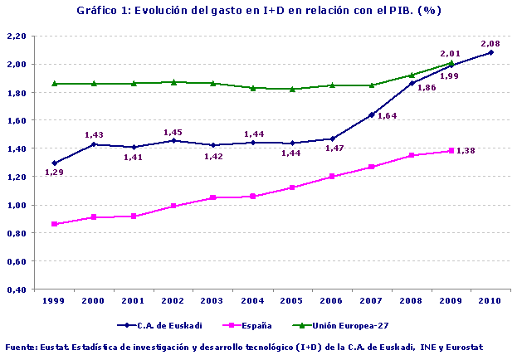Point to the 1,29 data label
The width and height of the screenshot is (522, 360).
click(55, 173)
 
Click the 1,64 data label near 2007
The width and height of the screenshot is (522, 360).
click(387, 116)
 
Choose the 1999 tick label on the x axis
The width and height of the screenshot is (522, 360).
click(55, 301)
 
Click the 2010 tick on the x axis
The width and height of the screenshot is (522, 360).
click(490, 301)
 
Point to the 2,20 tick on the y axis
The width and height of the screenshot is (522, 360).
click(16, 36)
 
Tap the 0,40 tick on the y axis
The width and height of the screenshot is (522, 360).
click(16, 289)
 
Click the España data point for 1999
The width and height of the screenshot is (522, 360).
click(55, 224)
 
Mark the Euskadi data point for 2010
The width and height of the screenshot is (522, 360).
click(490, 52)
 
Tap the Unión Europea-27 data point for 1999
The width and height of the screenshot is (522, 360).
click(55, 84)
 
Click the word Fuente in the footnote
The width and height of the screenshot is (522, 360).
click(22, 346)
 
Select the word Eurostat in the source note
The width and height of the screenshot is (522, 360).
click(462, 346)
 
